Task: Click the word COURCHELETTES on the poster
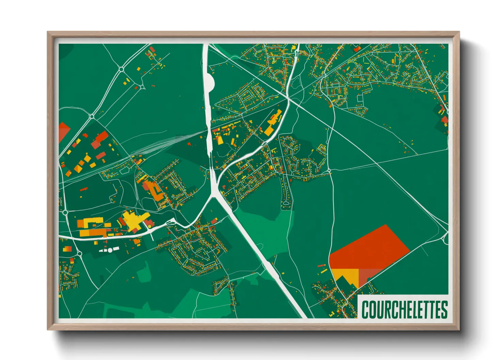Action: [404, 310]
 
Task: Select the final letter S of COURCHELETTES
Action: [444, 310]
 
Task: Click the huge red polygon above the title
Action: [369, 248]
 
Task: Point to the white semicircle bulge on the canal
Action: [210, 83]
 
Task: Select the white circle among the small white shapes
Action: [110, 250]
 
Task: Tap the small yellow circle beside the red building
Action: [149, 227]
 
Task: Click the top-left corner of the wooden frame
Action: [48, 33]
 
